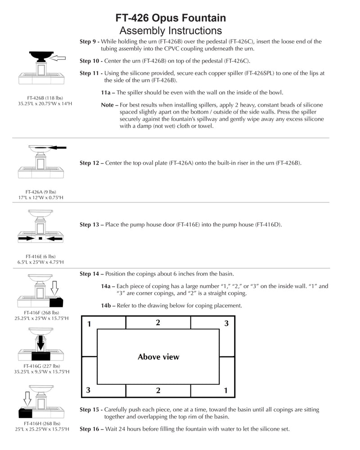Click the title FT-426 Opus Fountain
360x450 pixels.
tap(171, 18)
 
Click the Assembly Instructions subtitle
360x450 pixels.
tap(171, 31)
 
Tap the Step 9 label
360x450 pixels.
tap(90, 41)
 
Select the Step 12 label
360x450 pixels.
tap(91, 163)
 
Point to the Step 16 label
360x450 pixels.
tap(92, 429)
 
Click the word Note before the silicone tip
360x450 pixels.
tap(108, 105)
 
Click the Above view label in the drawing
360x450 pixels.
tap(158, 357)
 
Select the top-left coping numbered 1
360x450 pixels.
tap(89, 324)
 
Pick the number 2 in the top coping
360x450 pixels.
tap(158, 323)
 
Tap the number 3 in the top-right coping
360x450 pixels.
tap(226, 324)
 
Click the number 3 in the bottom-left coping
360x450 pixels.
tap(88, 390)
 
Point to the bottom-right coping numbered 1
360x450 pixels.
tap(226, 390)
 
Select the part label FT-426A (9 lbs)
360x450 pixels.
tap(40, 191)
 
